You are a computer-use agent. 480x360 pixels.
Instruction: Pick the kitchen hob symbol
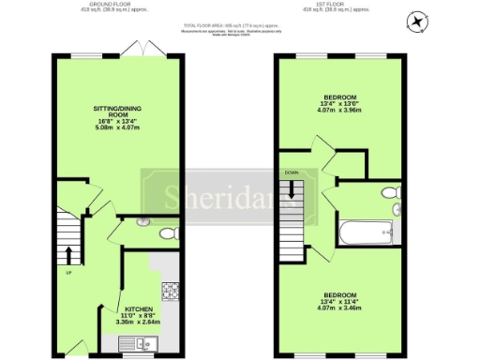[x=170, y=290]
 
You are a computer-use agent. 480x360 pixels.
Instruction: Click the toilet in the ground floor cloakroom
[x=167, y=233]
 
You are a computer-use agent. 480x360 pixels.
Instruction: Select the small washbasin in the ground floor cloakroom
[x=142, y=222]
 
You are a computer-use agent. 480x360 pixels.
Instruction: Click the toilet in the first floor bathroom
[x=391, y=193]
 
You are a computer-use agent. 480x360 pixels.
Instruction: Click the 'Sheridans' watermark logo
[x=197, y=197]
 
